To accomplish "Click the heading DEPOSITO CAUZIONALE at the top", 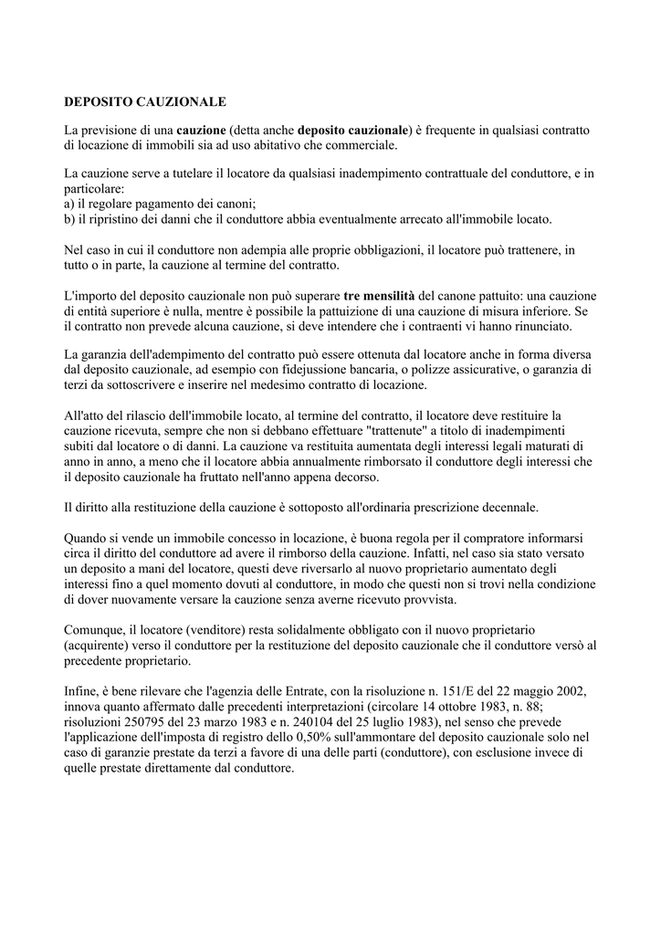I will tap(144, 101).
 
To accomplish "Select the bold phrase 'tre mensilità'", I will tap(379, 297).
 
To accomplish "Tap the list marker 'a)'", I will tap(70, 205).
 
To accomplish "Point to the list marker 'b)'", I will tap(70, 219).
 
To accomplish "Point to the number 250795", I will tap(140, 720).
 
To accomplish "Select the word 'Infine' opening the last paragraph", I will tap(81, 691).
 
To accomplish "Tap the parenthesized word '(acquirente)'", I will tap(100, 645).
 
